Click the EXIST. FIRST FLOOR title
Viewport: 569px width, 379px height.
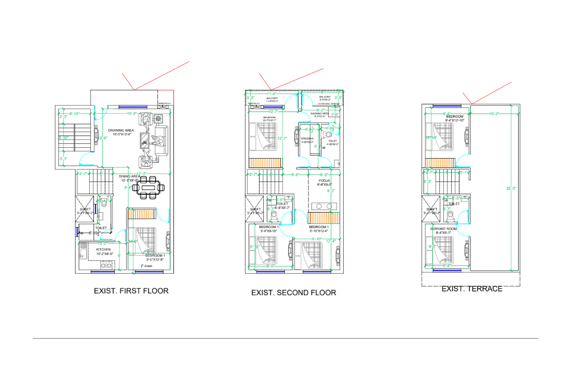pyautogui.click(x=131, y=291)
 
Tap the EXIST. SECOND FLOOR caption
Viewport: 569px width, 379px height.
pyautogui.click(x=293, y=292)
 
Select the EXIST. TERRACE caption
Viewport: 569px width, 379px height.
pyautogui.click(x=471, y=289)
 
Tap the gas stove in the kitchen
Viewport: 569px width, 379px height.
pyautogui.click(x=106, y=265)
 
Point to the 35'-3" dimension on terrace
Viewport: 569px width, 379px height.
pyautogui.click(x=511, y=189)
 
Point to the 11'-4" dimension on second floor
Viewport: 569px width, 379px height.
pyautogui.click(x=272, y=94)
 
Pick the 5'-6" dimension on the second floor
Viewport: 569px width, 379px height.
pyautogui.click(x=295, y=175)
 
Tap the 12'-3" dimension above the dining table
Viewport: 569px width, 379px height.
pyautogui.click(x=140, y=173)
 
